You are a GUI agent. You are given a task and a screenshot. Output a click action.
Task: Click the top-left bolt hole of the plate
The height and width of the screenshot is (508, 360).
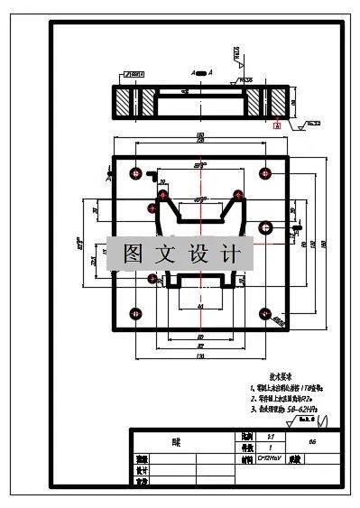(135, 171)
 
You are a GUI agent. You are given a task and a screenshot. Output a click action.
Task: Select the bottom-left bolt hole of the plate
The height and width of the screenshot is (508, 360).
(135, 314)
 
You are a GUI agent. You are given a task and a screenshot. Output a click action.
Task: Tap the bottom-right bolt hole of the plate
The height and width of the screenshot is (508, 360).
(264, 314)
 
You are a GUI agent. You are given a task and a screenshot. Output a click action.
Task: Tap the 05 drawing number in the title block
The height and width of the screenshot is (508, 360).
(311, 442)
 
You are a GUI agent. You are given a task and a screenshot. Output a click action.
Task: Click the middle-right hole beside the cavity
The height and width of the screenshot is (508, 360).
(265, 226)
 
